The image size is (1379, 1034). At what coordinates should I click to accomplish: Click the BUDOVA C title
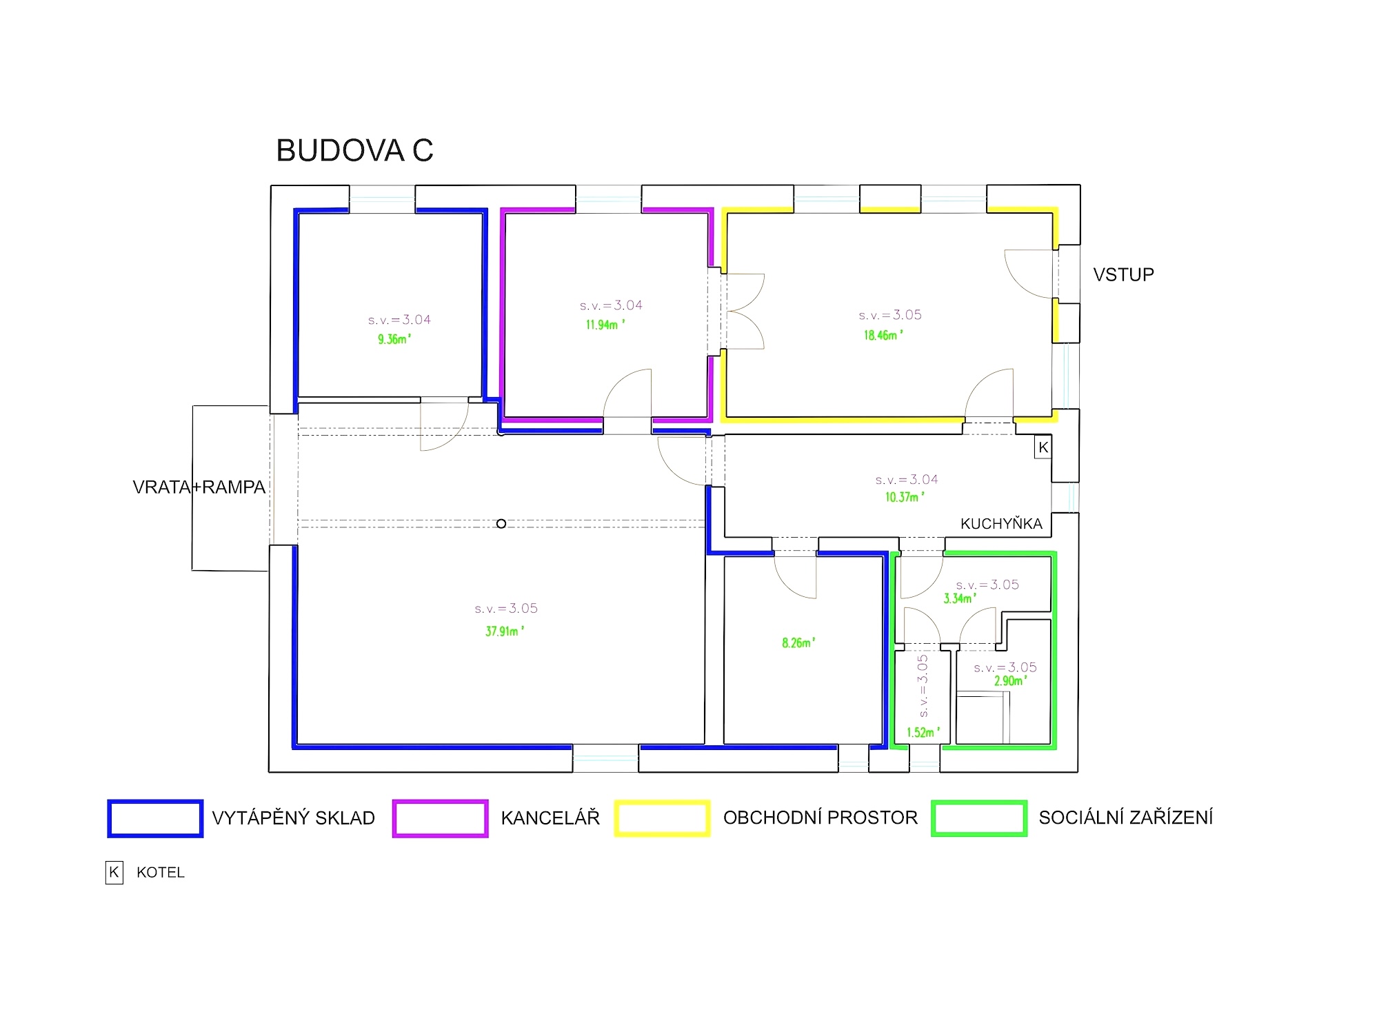354,151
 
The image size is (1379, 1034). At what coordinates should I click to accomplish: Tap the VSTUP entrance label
1123,275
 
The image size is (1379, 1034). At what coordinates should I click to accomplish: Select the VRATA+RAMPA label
199,487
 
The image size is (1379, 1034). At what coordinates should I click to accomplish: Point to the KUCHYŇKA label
1001,524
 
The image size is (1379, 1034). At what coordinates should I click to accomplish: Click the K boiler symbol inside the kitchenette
1043,447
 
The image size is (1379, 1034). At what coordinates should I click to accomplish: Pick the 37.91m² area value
504,631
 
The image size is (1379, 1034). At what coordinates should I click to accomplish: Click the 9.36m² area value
394,339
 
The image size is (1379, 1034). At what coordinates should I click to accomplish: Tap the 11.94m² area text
605,325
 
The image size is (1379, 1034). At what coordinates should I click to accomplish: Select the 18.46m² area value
883,336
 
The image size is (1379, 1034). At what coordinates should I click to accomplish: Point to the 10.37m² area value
904,497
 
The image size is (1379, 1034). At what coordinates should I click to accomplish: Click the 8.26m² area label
798,643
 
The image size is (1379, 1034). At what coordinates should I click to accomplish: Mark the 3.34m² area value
959,599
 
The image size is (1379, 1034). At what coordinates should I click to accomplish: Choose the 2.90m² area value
1010,681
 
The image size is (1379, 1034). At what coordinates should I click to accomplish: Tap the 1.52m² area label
923,733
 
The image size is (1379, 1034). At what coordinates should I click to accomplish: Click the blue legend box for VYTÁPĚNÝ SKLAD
155,818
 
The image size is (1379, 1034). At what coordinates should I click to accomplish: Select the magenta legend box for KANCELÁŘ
440,818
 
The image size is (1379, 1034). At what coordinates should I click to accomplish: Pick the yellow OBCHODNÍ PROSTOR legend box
662,818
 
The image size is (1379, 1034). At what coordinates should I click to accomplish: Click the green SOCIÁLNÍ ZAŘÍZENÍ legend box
978,818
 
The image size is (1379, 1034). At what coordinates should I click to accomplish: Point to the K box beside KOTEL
114,872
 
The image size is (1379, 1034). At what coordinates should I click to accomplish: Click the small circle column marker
501,524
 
